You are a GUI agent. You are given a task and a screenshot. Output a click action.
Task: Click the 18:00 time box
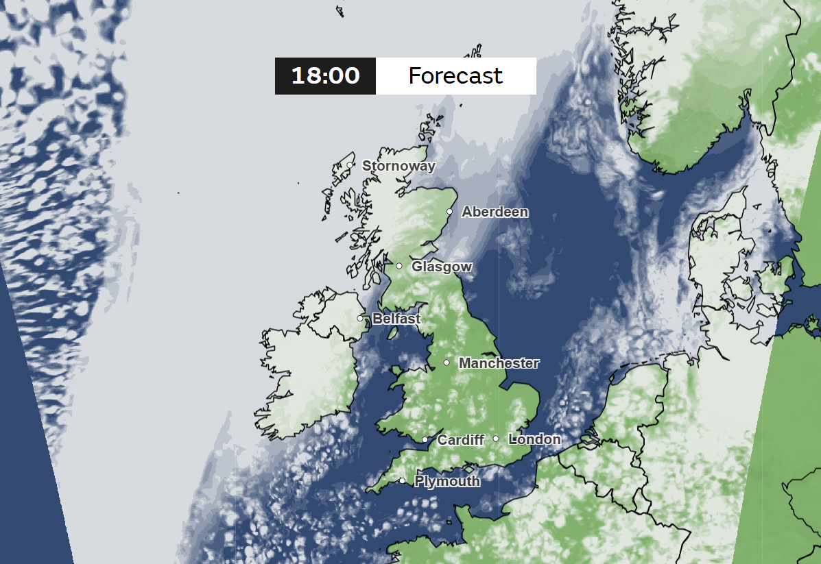pos(325,75)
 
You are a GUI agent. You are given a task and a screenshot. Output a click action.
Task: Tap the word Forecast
pos(455,75)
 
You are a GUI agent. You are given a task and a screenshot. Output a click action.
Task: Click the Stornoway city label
pos(398,166)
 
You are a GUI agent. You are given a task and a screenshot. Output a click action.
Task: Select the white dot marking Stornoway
pos(350,165)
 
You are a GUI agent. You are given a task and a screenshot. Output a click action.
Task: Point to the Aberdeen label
pos(495,212)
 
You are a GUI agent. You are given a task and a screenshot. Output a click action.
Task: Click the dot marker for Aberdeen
pos(450,212)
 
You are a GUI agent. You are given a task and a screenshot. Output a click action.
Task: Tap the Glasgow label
pos(442,267)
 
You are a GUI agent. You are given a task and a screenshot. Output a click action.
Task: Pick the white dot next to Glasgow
pos(399,266)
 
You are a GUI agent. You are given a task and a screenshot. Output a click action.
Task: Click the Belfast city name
pos(396,319)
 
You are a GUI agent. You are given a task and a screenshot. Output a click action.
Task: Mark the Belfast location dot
pos(360,319)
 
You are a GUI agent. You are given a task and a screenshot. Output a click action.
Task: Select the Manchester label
pos(499,363)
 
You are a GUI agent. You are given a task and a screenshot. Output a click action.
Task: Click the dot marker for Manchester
pos(447,363)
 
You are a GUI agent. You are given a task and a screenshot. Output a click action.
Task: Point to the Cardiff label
pos(461,440)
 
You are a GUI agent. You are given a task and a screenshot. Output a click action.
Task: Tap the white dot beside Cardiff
pos(425,440)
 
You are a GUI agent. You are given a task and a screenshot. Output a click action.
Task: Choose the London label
pos(535,439)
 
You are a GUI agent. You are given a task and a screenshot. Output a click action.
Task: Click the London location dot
pos(496,439)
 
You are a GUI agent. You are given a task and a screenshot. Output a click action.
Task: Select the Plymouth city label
pos(447,482)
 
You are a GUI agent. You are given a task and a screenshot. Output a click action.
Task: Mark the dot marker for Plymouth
pos(402,481)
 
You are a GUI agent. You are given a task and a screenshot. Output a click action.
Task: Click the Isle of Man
pos(394,333)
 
